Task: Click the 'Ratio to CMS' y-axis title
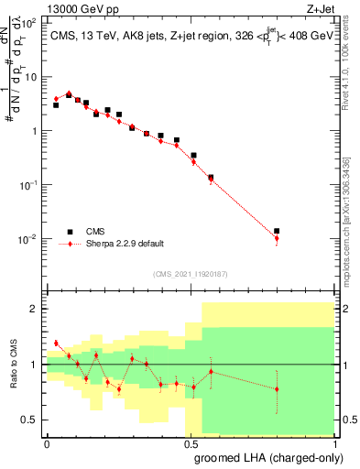13,365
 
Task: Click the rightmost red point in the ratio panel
277,388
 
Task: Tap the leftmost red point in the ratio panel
56,344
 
